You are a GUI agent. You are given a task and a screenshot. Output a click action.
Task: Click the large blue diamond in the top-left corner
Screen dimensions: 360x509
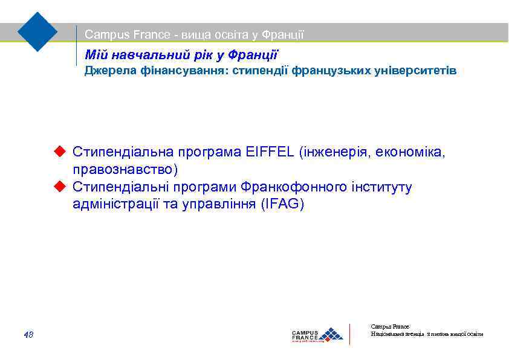click(x=37, y=31)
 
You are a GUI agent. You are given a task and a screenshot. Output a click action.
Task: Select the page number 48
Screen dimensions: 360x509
click(x=28, y=334)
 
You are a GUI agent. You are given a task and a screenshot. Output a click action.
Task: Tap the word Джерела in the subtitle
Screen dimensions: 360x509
click(x=105, y=71)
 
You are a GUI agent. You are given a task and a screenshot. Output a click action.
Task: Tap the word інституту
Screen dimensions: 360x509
click(x=381, y=187)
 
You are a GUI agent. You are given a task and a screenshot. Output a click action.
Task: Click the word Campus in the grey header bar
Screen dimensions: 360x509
click(x=104, y=35)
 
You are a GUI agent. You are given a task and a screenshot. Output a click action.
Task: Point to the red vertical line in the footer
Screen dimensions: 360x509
click(x=350, y=334)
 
